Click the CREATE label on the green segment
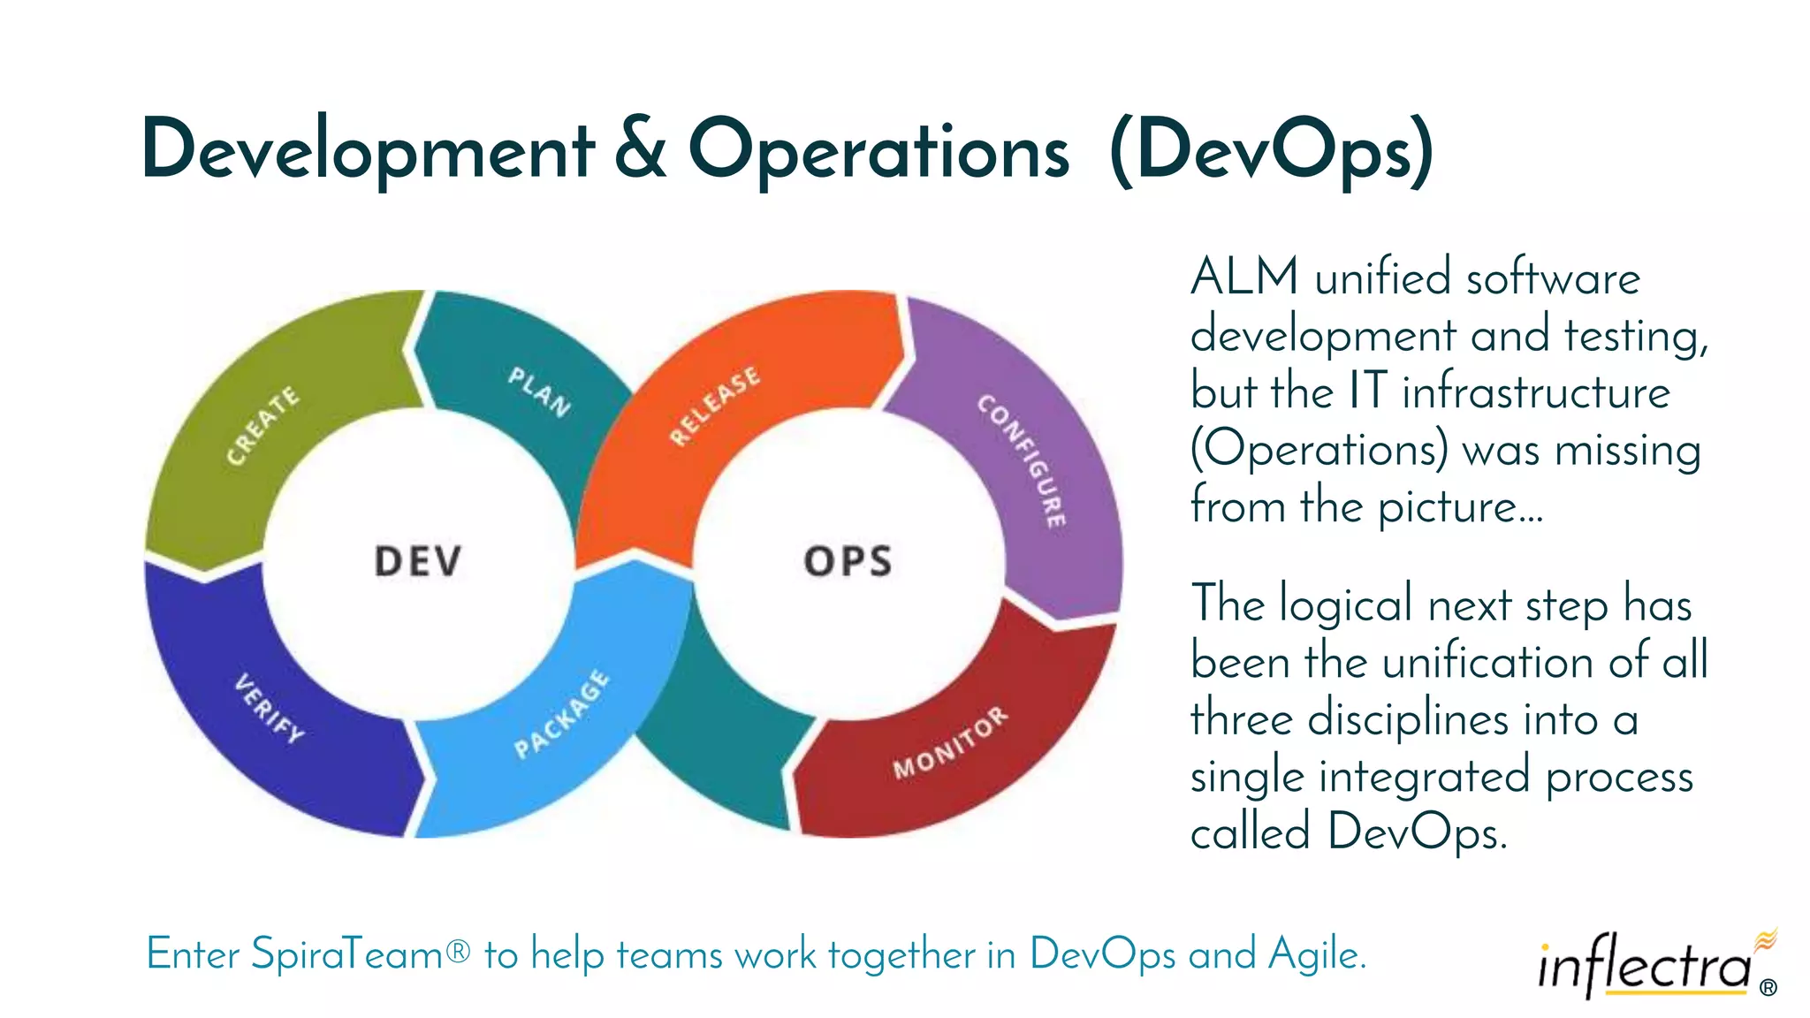[x=262, y=425]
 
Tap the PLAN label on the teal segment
[x=539, y=391]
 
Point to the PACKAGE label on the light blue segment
[x=562, y=714]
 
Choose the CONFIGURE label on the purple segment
[x=1023, y=460]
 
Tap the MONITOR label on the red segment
[x=950, y=742]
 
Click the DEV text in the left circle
[x=418, y=561]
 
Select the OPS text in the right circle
[x=848, y=561]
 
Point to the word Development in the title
[x=368, y=150]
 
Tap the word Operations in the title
[x=878, y=150]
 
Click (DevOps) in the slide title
[x=1271, y=150]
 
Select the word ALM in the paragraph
[x=1244, y=277]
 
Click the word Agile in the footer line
[x=1317, y=954]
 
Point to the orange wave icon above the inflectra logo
[x=1765, y=939]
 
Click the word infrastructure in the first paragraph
[x=1536, y=391]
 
